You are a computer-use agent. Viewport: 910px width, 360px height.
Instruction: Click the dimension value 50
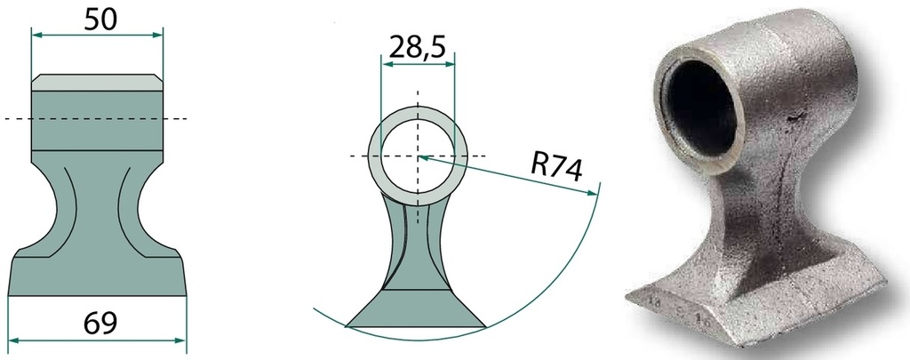coord(100,20)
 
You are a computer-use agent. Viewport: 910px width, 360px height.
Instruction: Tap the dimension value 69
coord(100,323)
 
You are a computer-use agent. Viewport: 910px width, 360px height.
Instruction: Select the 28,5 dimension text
coord(418,47)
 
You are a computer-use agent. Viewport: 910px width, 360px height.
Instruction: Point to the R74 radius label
coord(556,167)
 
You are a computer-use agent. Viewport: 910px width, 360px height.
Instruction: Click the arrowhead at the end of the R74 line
coord(593,192)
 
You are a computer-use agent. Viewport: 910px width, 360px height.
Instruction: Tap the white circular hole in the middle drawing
coord(418,156)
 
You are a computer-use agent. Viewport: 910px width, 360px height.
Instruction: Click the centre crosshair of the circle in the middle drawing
coord(418,156)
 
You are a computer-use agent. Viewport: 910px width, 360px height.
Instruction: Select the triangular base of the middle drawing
coord(416,308)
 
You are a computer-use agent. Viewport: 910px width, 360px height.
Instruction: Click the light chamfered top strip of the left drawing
coord(97,83)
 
